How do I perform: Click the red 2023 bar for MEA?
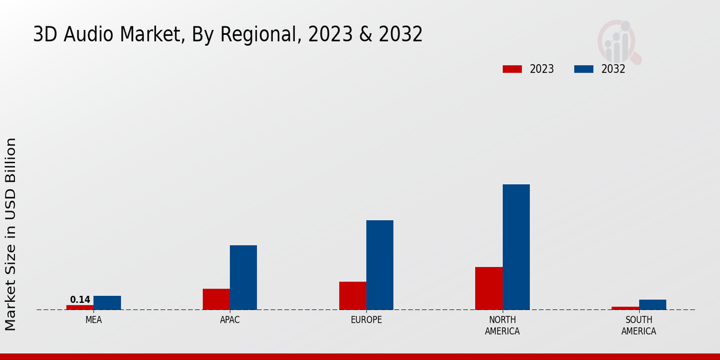coord(80,307)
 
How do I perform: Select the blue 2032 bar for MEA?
coord(107,302)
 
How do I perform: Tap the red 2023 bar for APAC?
coord(216,299)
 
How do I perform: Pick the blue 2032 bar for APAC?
coord(243,277)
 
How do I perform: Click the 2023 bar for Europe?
coord(352,295)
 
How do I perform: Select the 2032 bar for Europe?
coord(380,265)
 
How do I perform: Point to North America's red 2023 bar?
coord(488,288)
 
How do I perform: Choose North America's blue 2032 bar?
coord(516,247)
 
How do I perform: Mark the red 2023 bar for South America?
coord(625,308)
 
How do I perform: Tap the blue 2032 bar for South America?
coord(652,304)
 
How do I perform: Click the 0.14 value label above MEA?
coord(80,300)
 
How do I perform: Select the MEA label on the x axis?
coord(94,320)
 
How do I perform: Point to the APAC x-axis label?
coord(230,320)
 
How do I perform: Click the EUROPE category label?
coord(366,320)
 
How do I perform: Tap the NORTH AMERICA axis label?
coord(502,325)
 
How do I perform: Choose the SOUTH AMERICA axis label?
coord(638,325)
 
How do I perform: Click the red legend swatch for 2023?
coord(512,69)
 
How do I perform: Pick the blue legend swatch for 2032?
coord(583,69)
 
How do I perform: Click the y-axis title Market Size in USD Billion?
coord(11,234)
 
